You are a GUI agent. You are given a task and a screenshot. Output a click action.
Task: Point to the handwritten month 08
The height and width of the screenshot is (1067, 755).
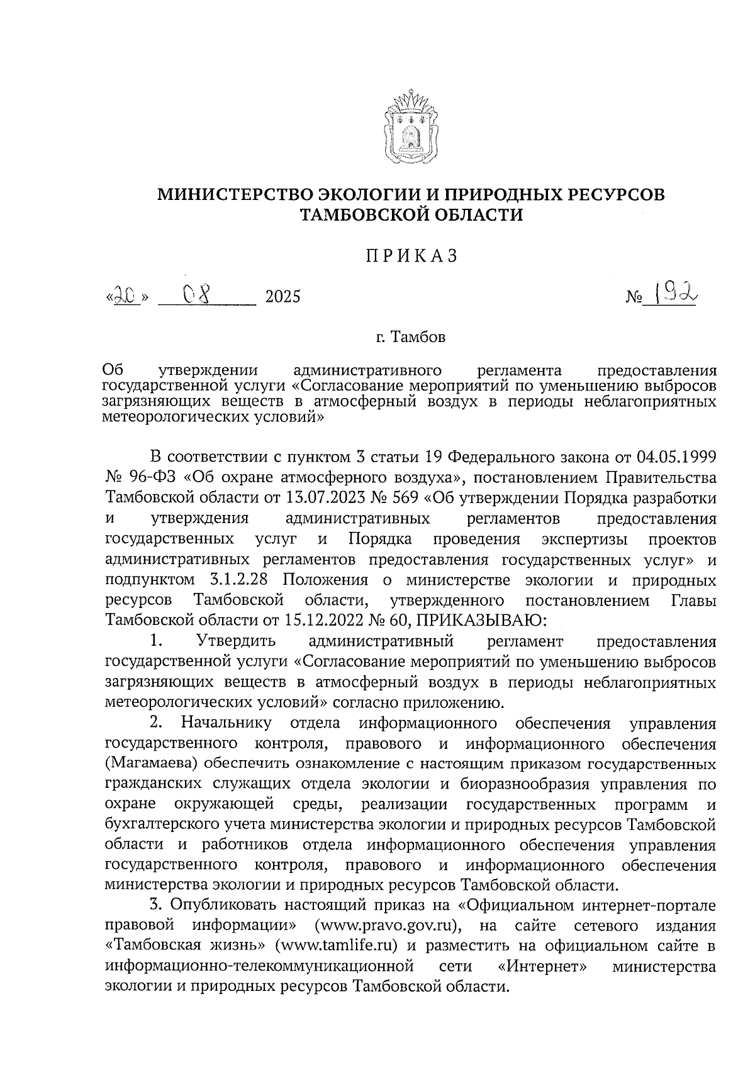coord(199,293)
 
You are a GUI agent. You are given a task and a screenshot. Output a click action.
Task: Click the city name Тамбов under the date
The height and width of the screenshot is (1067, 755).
coord(418,338)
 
